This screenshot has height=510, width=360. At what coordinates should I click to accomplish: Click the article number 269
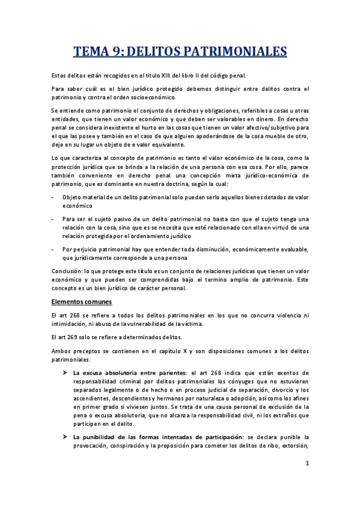click(76, 337)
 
